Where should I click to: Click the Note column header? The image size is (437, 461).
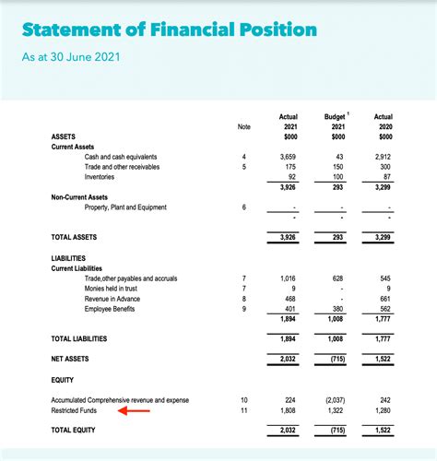243,126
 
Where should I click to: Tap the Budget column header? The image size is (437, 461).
335,117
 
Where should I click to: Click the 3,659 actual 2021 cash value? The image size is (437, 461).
288,157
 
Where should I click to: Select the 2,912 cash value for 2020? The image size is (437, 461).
383,157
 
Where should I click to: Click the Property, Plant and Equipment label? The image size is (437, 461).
125,207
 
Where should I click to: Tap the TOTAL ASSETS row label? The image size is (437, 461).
74,238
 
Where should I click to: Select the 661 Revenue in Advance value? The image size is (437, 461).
384,299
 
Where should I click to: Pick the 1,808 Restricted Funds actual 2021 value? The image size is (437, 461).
288,409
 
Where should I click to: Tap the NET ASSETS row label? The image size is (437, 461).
70,359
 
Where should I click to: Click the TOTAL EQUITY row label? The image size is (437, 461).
74,430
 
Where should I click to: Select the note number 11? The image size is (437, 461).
243,409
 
